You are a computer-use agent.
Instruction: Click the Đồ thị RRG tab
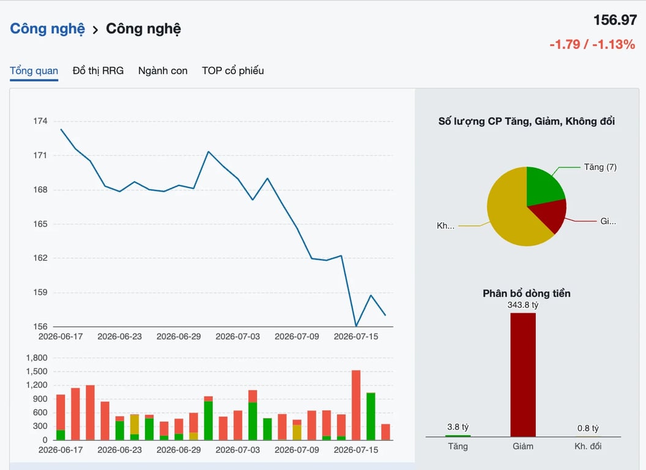point(98,71)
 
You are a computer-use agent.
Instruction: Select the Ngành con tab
point(163,71)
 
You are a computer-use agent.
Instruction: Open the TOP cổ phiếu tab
point(233,71)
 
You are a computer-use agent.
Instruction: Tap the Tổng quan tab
point(34,71)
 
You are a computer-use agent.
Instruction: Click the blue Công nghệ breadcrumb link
point(47,29)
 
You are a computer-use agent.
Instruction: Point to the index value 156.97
point(615,20)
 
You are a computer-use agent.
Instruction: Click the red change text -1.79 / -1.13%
point(592,44)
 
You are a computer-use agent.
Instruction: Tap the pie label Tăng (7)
point(600,167)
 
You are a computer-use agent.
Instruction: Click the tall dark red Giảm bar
point(523,375)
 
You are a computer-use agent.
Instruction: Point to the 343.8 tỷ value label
point(523,305)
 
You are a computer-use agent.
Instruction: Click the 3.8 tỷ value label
point(458,427)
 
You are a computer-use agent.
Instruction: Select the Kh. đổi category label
point(588,446)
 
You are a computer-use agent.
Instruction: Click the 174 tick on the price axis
point(40,121)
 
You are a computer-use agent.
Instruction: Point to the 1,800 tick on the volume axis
point(37,358)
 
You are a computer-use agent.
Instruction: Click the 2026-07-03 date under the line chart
point(238,337)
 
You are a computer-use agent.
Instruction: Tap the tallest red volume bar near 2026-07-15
point(356,405)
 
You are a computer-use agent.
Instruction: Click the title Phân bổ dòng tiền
point(527,294)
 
